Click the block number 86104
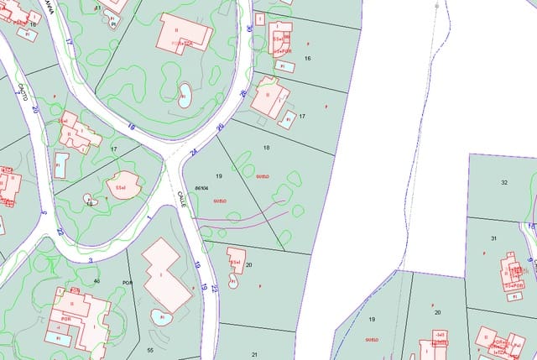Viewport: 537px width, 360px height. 201,188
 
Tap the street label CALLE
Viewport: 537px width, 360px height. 180,199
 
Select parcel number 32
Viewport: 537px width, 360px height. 504,182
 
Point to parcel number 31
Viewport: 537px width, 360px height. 494,238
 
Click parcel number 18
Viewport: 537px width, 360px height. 267,148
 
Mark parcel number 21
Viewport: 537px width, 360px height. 254,355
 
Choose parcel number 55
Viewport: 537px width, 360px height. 150,348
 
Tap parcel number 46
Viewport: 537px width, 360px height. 97,280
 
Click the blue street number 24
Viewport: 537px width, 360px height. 194,153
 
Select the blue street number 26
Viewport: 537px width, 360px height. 220,128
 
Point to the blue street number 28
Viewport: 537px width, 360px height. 244,93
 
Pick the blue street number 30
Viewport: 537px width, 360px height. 249,29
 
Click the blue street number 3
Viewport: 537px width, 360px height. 91,260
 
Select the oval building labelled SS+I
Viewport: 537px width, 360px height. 123,185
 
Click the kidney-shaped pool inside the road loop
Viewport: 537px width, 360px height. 184,97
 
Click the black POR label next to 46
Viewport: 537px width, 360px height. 128,283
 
